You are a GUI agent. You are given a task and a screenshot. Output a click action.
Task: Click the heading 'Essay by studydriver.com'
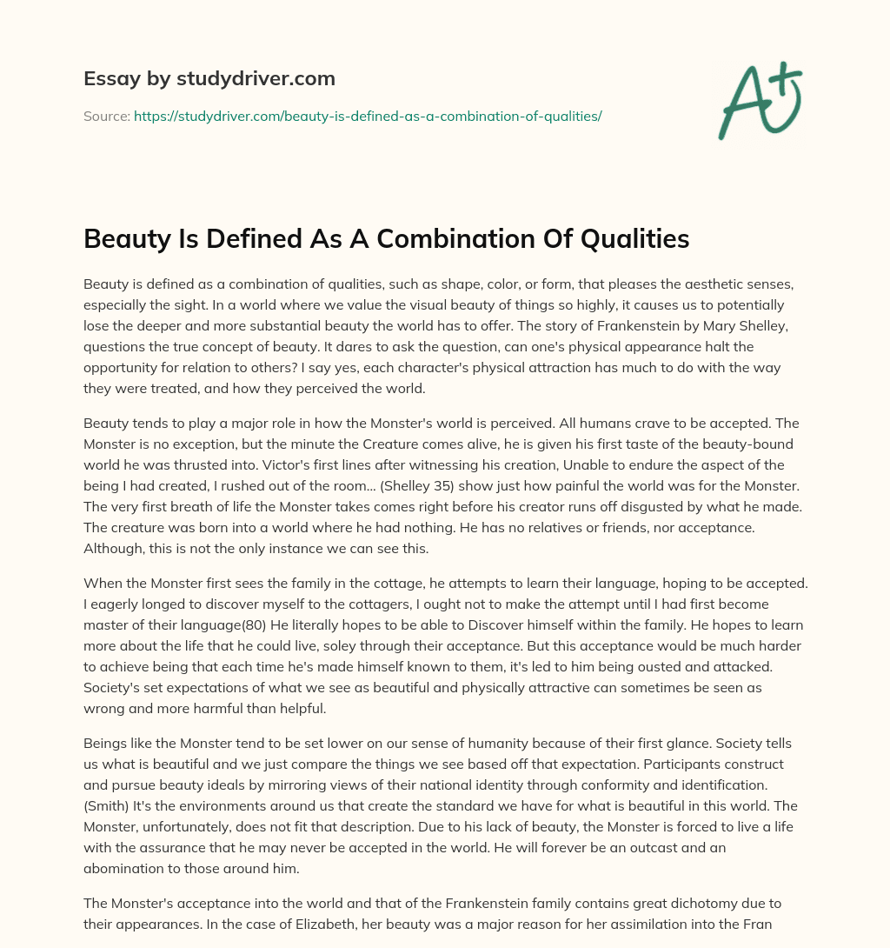[209, 79]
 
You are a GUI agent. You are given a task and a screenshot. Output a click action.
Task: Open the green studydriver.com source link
[368, 116]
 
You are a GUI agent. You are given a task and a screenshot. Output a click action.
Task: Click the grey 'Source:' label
[106, 116]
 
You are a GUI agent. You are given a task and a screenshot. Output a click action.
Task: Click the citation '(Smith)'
[110, 789]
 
